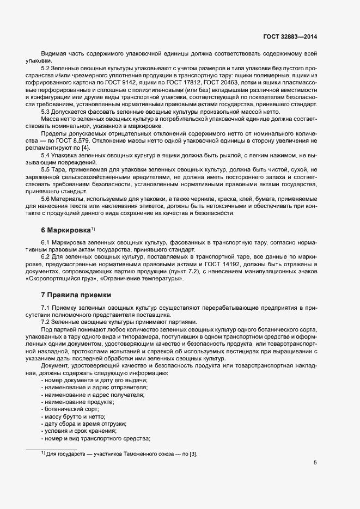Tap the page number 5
click(315, 463)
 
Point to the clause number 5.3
click(46, 111)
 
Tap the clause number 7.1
click(46, 309)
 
